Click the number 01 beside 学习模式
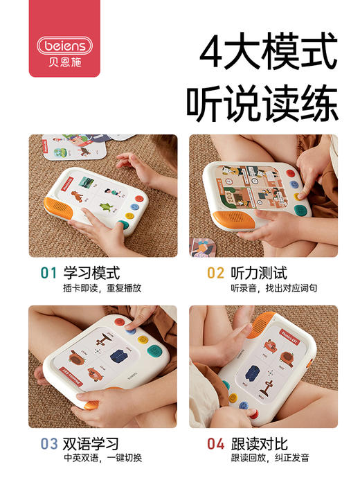tap(48, 273)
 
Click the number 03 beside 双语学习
tap(48, 444)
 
